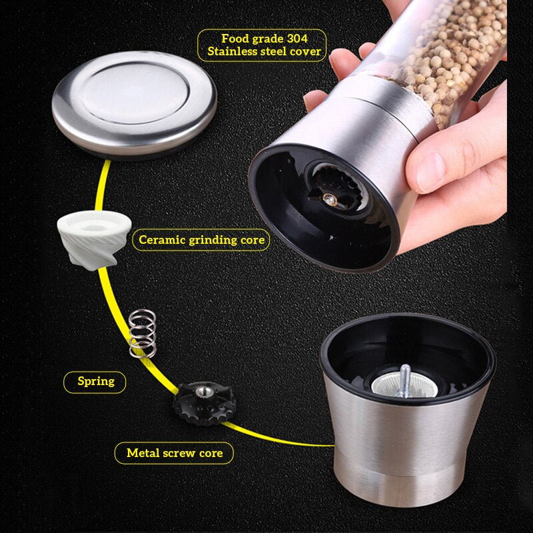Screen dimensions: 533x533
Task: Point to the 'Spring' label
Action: (x=95, y=382)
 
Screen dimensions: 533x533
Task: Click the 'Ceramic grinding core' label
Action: (x=201, y=239)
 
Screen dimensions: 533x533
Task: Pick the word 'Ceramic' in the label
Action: (x=161, y=239)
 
